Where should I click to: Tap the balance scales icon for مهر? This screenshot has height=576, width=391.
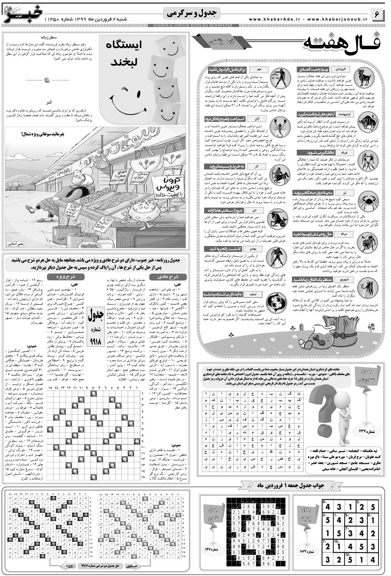pyautogui.click(x=279, y=76)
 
